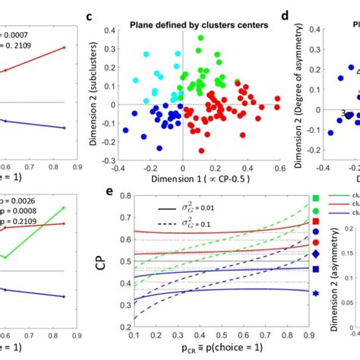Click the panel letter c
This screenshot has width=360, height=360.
click(90, 15)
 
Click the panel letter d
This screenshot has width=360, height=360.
click(285, 15)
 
